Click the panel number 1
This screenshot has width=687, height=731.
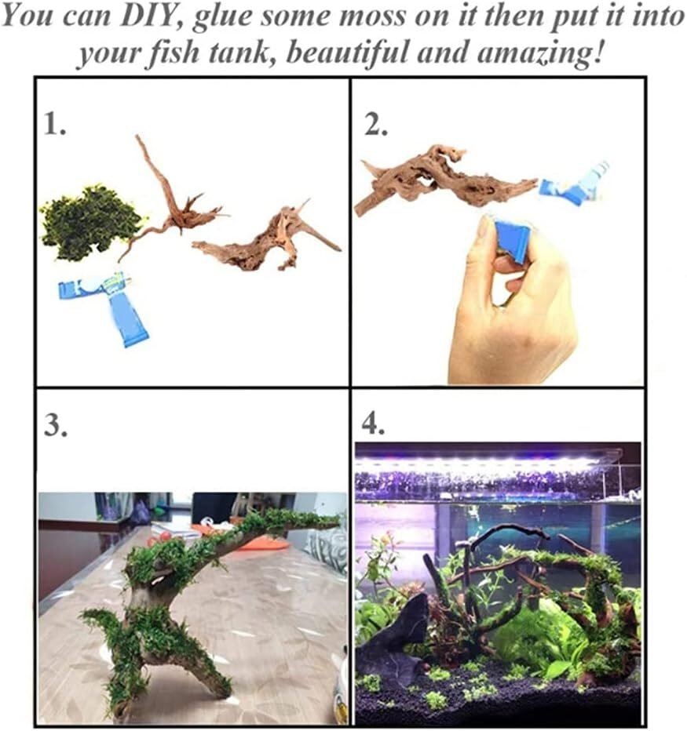[x=54, y=125]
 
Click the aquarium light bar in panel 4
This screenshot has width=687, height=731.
[x=487, y=464]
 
